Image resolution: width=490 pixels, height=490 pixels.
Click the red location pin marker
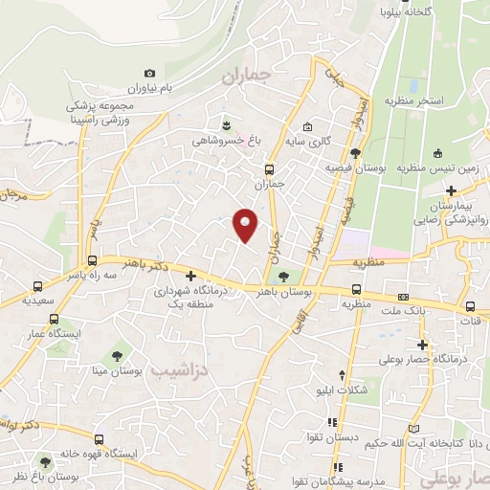point(246,225)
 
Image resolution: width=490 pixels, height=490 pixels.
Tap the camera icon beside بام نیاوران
point(149,74)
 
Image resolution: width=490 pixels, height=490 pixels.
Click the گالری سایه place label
point(312,142)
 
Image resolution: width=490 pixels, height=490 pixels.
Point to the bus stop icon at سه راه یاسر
point(92,260)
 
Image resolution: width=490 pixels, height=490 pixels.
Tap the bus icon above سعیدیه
point(37,286)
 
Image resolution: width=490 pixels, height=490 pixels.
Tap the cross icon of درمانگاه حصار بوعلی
point(422,345)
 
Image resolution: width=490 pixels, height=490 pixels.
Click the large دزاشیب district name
point(180,369)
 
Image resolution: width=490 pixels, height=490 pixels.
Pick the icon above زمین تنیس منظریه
point(437,153)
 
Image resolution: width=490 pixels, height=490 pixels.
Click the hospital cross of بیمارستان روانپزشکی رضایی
point(451,191)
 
